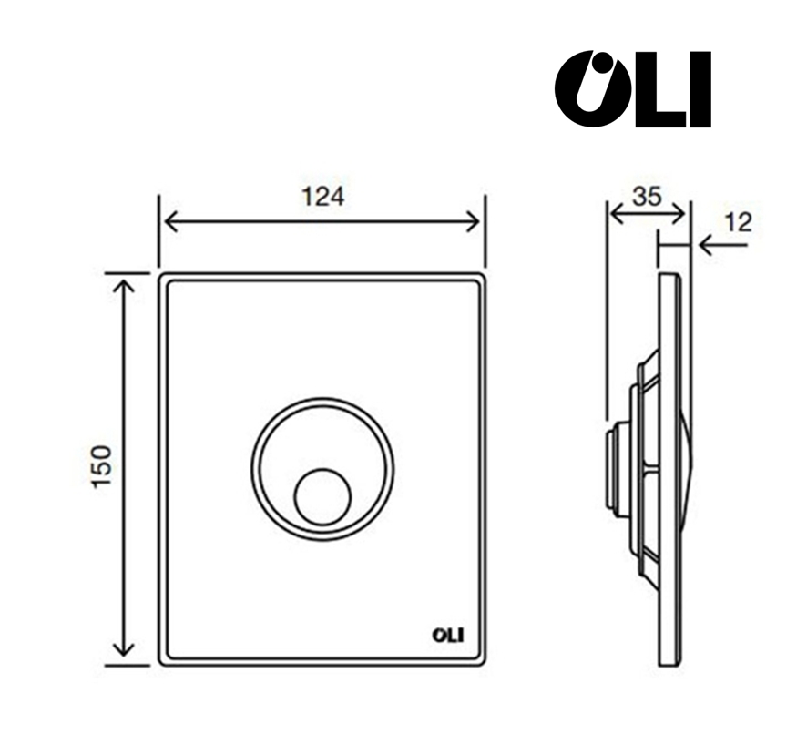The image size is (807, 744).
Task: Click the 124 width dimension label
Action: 322,197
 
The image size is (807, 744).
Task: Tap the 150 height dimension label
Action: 101,466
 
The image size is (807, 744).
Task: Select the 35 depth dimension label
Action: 647,196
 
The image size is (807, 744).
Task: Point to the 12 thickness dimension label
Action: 738,222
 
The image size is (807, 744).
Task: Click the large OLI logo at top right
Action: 633,89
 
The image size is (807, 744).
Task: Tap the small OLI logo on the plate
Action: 447,635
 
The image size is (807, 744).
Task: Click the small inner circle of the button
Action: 322,496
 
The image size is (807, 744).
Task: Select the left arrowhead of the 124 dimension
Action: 170,221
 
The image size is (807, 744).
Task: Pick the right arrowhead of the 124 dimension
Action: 473,221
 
